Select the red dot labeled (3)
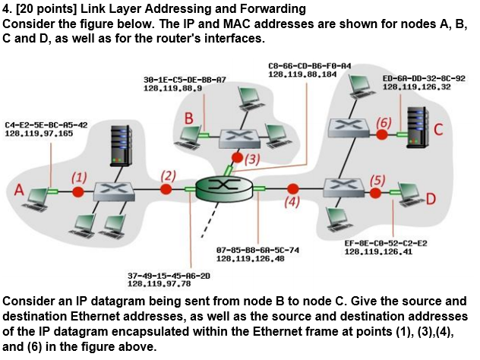(x=238, y=157)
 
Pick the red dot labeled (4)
(x=292, y=188)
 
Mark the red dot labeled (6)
(x=383, y=134)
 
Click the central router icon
(x=223, y=187)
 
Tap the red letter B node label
(x=190, y=118)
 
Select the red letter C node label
(x=439, y=129)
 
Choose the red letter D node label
(x=431, y=200)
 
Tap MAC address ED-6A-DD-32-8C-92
(x=425, y=78)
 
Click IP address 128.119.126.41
(x=381, y=251)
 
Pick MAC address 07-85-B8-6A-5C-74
(x=257, y=250)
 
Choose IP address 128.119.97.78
(x=159, y=283)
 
